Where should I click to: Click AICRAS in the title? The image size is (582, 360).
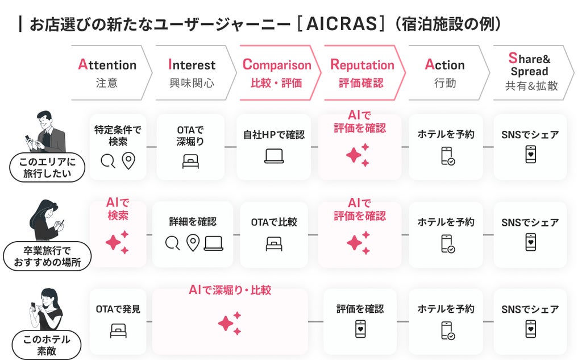tap(342, 24)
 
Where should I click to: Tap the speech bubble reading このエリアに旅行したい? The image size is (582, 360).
tap(47, 168)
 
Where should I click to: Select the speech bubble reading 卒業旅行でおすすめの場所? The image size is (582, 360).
tap(47, 256)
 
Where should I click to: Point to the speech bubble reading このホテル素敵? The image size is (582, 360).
tap(47, 345)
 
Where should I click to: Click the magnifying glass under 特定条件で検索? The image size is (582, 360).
tap(108, 162)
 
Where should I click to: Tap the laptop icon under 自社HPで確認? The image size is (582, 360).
tap(274, 156)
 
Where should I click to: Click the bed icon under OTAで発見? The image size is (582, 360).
tap(118, 330)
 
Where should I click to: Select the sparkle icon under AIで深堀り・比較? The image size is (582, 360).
tap(230, 323)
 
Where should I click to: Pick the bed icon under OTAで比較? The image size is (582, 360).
tap(274, 244)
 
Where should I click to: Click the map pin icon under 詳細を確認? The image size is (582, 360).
tap(193, 243)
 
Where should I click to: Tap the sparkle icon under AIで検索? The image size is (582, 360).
tap(117, 242)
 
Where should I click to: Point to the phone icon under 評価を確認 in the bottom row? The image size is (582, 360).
tap(360, 329)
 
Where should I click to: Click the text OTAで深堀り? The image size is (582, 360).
tap(190, 135)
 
